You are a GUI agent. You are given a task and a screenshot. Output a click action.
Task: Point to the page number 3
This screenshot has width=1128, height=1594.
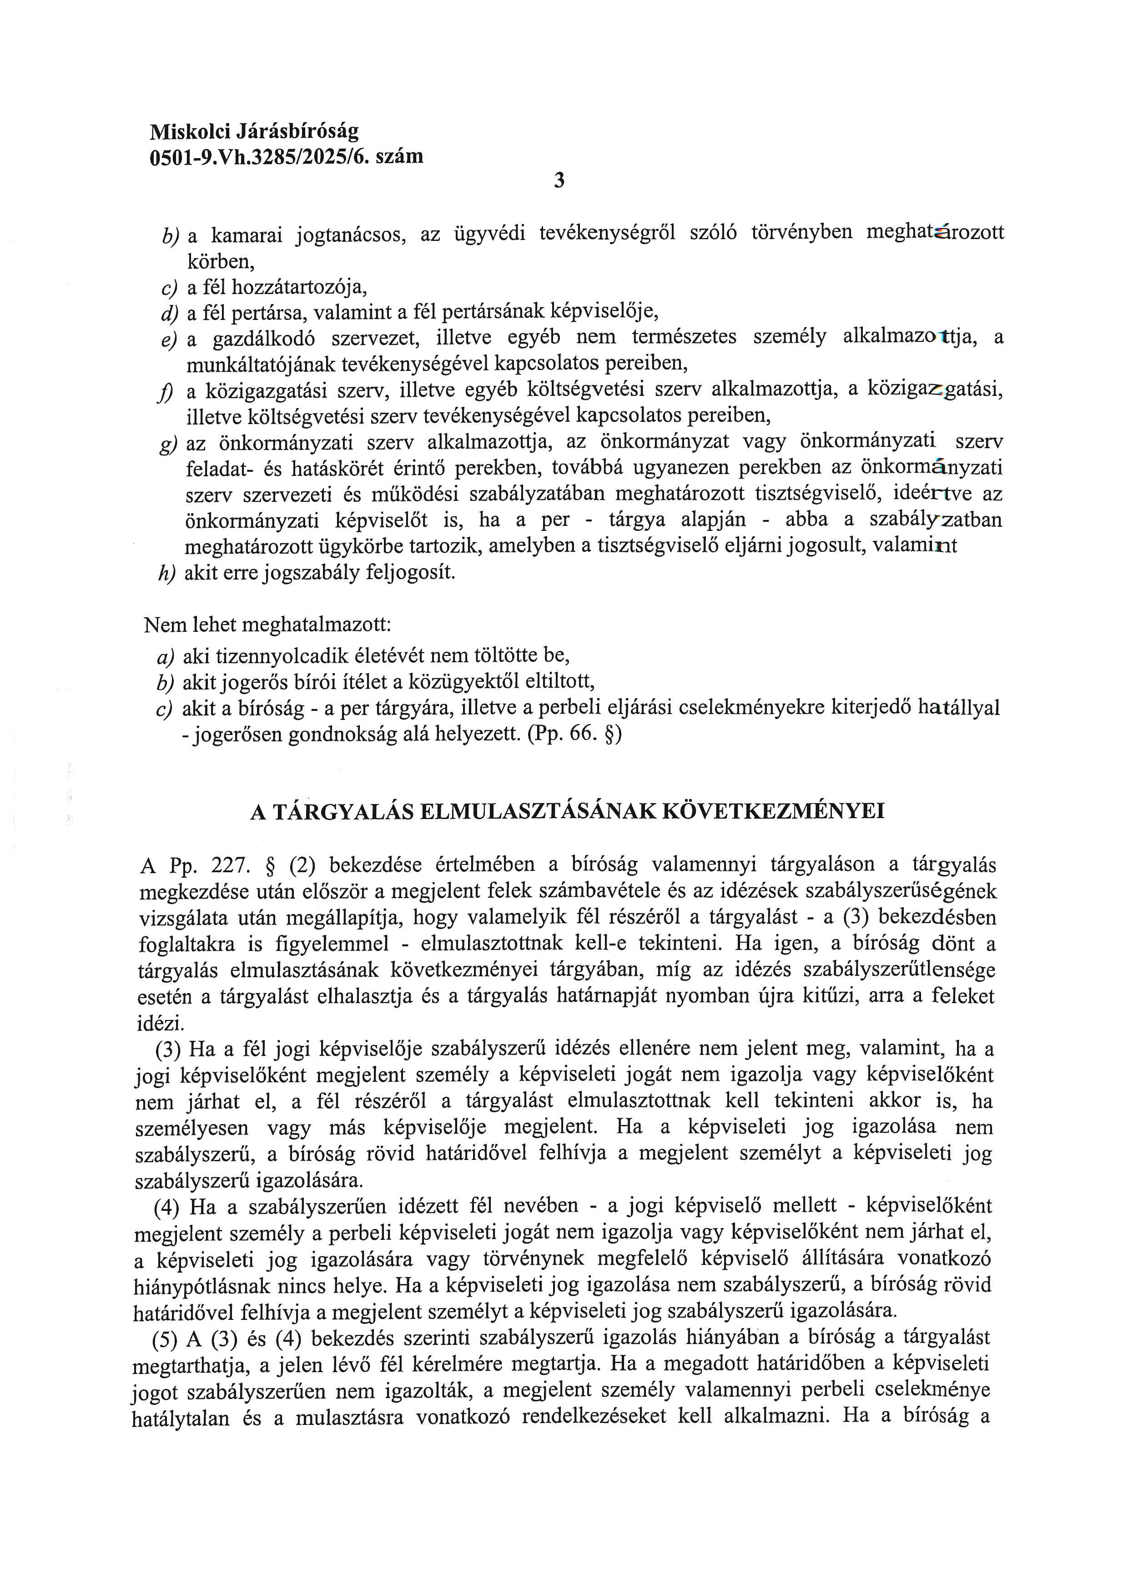560,181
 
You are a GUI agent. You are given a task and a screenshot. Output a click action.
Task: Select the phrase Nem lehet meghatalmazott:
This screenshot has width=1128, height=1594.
267,625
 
